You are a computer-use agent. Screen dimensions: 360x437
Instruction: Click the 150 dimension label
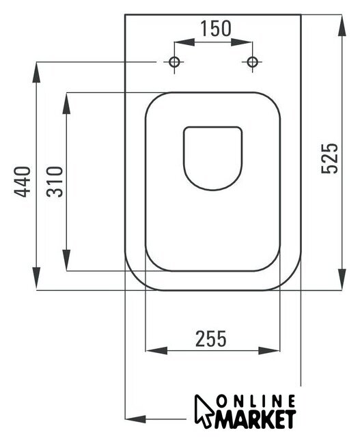216,29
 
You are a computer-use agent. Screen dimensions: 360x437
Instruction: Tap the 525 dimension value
330,158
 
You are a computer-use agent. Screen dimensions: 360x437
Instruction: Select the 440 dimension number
23,182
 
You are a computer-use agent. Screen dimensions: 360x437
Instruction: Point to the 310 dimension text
55,182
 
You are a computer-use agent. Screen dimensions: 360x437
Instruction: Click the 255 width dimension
211,339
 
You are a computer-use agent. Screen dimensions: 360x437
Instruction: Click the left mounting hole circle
174,62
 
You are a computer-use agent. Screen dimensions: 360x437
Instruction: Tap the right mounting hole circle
252,62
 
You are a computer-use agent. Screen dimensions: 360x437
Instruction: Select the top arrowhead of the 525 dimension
342,25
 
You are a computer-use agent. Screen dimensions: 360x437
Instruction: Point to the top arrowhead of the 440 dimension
36,72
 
